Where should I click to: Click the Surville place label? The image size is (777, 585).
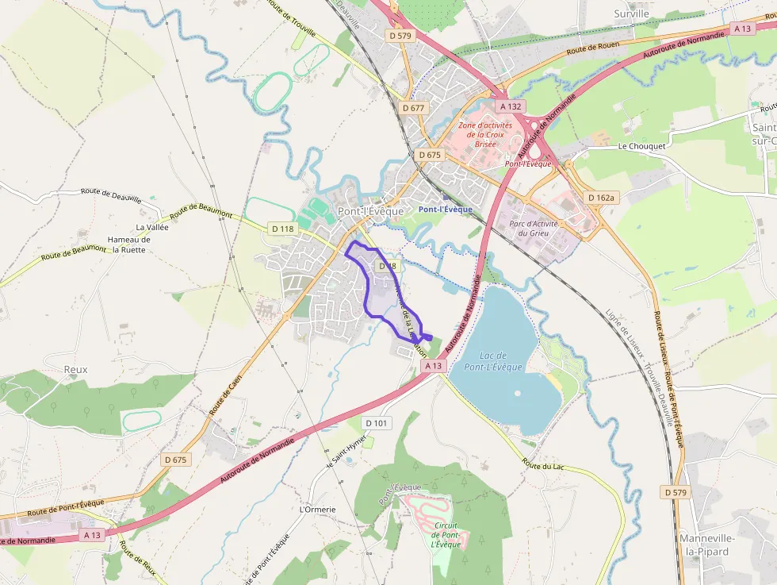631,13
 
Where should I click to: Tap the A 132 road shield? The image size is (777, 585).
511,106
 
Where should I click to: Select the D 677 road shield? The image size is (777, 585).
414,107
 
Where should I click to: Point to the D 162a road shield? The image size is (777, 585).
602,197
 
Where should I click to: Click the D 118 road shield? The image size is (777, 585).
282,229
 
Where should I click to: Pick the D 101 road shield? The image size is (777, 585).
377,423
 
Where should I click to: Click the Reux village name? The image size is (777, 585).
75,369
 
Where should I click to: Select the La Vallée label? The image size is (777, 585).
152,227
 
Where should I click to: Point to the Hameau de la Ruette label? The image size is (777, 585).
128,244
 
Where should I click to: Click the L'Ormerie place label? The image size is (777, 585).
318,509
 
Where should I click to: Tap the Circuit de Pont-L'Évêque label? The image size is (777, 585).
446,534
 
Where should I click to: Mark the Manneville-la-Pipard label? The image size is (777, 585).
708,545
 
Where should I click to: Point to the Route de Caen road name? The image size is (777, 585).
225,396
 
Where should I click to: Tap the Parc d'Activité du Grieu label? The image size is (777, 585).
534,228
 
